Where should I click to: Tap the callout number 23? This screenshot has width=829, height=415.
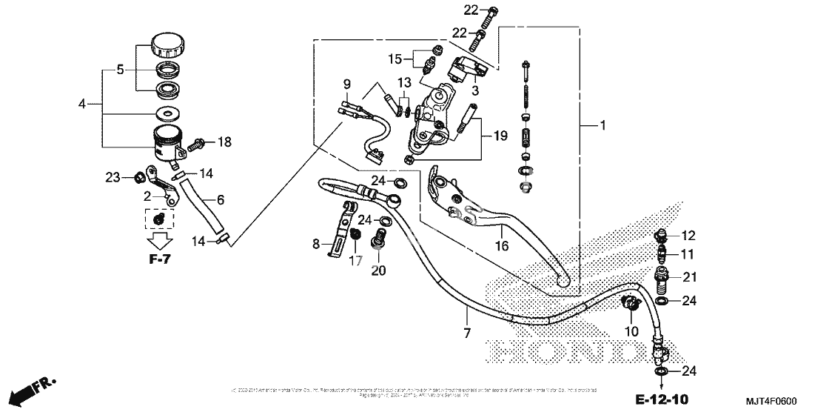(112, 177)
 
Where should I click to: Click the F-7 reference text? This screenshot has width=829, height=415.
(159, 259)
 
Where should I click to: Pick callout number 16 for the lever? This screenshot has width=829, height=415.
(501, 246)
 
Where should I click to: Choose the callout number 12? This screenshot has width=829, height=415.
(688, 236)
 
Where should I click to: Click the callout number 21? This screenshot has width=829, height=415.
(690, 278)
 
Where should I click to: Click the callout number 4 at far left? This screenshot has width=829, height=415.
(82, 104)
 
